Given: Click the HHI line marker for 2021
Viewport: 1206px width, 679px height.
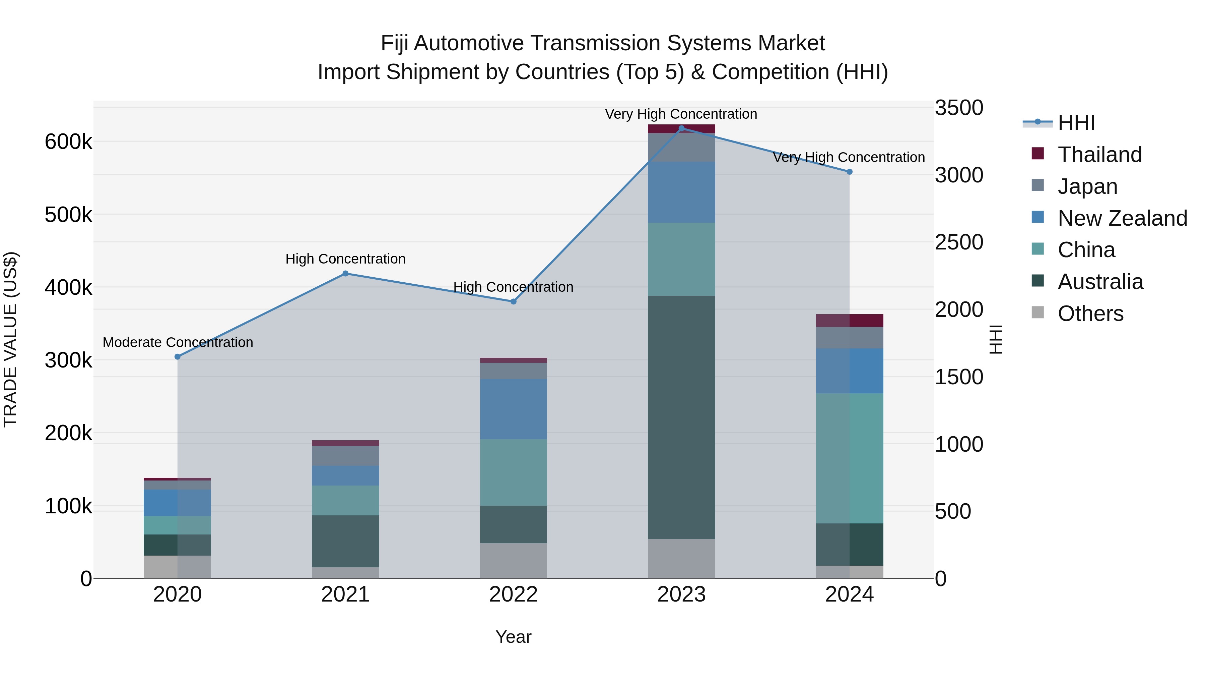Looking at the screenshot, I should click(345, 274).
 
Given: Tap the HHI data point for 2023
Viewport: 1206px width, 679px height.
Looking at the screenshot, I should click(681, 128).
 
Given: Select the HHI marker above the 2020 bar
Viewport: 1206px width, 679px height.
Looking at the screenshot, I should click(178, 357).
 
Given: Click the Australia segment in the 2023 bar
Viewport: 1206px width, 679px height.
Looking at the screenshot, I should click(681, 417).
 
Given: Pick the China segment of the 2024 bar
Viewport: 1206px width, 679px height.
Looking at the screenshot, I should click(849, 458).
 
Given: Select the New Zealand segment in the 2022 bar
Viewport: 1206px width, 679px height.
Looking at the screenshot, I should click(513, 409).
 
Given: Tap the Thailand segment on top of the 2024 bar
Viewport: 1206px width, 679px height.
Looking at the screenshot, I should click(849, 321).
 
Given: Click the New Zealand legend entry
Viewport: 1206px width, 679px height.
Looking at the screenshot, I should click(1122, 218).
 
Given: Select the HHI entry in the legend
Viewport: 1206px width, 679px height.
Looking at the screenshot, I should click(1076, 123).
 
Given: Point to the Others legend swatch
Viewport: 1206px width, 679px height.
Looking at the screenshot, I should click(1038, 313).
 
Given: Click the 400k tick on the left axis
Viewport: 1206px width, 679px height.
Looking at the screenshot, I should click(68, 288).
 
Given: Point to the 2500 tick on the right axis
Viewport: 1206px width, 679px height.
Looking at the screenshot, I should click(959, 242).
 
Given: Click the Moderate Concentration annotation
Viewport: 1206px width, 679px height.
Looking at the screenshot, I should click(178, 343).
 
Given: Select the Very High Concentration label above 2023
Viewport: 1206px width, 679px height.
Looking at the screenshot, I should click(681, 114).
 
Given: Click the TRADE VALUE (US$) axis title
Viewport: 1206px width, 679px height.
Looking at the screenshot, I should click(10, 339).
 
